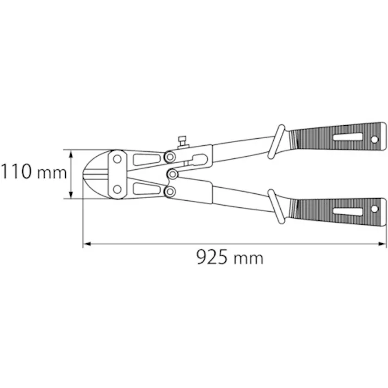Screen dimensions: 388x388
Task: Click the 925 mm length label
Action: coord(230,257)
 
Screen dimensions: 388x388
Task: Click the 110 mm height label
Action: coord(33,173)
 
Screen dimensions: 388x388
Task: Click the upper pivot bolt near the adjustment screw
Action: coord(170,157)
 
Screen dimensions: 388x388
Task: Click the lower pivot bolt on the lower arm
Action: coord(170,191)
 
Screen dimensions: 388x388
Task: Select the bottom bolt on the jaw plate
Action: coord(116,190)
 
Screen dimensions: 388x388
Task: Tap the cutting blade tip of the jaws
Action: coord(86,174)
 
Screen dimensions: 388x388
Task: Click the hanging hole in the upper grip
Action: coord(374,140)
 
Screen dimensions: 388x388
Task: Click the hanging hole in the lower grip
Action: coord(374,208)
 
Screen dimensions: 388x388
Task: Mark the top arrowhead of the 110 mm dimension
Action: coord(71,153)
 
